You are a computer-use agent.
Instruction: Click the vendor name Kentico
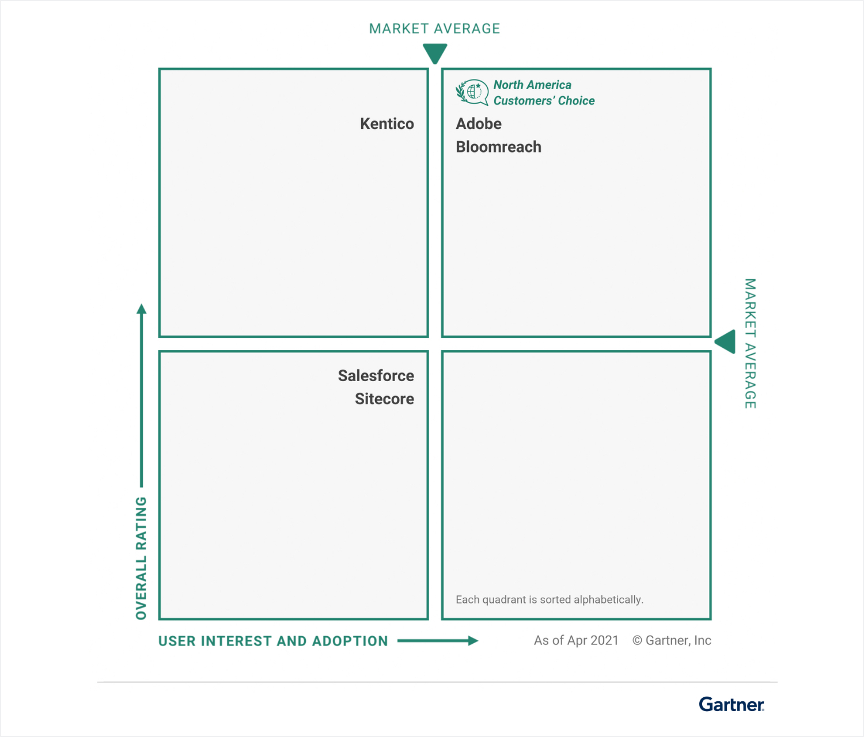point(387,124)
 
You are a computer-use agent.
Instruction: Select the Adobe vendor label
point(479,124)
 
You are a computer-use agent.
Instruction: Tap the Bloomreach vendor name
point(499,147)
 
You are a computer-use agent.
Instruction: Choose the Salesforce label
point(376,375)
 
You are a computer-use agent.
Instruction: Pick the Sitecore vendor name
point(385,399)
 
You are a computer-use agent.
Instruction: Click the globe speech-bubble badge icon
point(472,92)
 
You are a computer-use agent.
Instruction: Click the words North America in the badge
point(533,85)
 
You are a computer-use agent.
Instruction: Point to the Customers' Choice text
point(544,101)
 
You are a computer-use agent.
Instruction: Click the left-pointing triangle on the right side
point(725,342)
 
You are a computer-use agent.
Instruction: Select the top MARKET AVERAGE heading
point(435,28)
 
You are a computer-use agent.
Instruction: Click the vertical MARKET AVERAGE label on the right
point(751,343)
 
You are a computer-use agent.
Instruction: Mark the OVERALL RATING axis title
point(141,558)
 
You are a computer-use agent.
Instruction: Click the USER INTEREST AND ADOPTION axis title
point(274,641)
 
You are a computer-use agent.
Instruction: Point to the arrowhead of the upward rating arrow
point(142,309)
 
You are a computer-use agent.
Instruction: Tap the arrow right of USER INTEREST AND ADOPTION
point(438,640)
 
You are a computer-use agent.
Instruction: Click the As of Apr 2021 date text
point(577,640)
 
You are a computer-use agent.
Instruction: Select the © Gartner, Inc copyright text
point(672,640)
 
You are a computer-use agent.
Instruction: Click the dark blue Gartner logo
point(732,704)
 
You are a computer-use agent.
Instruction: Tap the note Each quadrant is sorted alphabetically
point(550,600)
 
